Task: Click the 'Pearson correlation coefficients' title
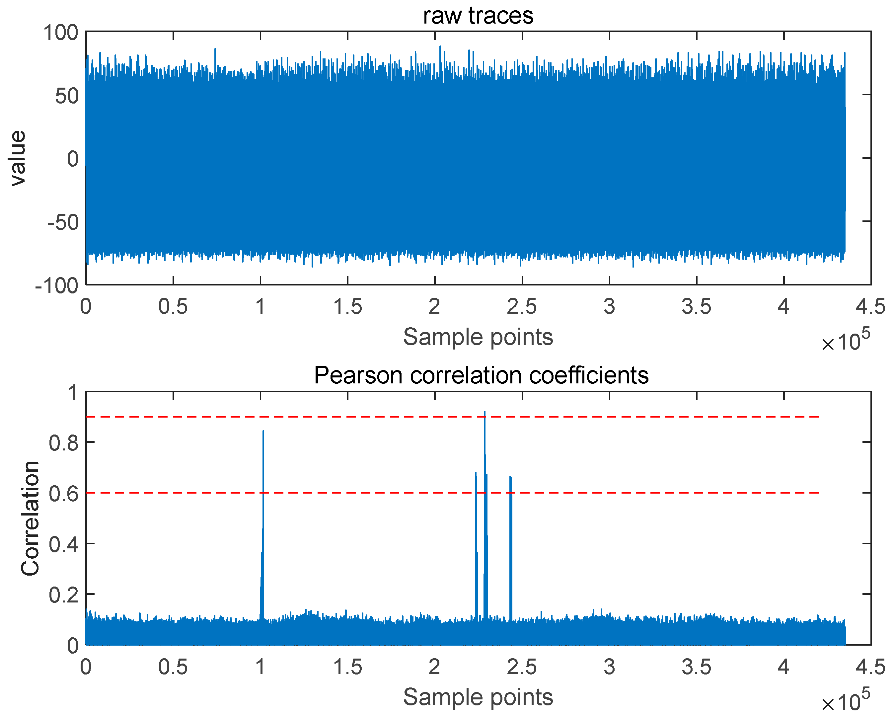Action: click(x=481, y=375)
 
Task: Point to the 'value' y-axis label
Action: click(x=18, y=158)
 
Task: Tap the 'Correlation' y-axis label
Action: click(x=30, y=518)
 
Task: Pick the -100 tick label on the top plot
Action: click(x=57, y=286)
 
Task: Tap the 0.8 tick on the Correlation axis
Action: click(x=63, y=443)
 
